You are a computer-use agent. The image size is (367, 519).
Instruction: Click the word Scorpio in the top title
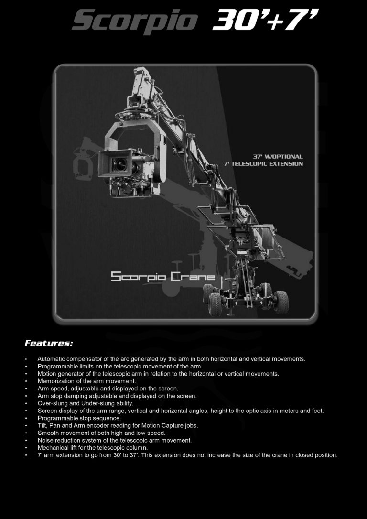pyautogui.click(x=134, y=22)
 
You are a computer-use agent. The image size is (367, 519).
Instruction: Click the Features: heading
pyautogui.click(x=48, y=343)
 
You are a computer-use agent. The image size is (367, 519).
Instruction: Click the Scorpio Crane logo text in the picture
pyautogui.click(x=163, y=277)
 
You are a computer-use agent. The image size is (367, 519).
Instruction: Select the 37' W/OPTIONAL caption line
pyautogui.click(x=278, y=157)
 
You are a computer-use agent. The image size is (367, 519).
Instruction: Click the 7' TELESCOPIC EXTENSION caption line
pyautogui.click(x=263, y=164)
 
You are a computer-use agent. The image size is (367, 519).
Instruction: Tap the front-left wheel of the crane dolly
pyautogui.click(x=216, y=304)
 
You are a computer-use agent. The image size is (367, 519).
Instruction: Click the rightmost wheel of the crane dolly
pyautogui.click(x=281, y=302)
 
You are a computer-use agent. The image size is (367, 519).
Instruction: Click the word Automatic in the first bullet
pyautogui.click(x=52, y=358)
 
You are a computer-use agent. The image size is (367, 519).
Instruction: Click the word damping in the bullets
pyautogui.click(x=73, y=396)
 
